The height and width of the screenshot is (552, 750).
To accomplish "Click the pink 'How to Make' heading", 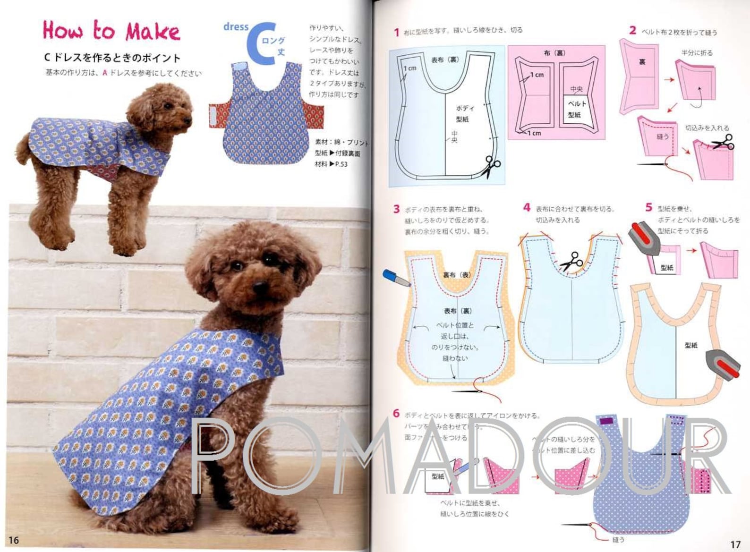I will click(111, 31).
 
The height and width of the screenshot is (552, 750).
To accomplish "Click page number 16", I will click(13, 540).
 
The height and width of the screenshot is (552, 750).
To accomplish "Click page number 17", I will click(735, 544).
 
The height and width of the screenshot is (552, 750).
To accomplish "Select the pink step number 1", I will click(397, 32).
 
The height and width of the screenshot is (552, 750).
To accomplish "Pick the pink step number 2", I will click(632, 30).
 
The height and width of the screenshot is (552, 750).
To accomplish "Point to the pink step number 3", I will click(396, 209).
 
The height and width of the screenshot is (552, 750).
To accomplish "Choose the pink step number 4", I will click(527, 207).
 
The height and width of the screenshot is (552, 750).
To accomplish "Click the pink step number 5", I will click(648, 207).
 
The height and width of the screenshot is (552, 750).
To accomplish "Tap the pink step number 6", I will click(396, 414).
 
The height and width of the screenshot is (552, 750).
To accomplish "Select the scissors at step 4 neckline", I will click(571, 261).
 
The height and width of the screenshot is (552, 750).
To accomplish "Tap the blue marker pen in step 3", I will click(396, 278).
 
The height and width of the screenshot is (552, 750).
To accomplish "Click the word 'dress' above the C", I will click(236, 27).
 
